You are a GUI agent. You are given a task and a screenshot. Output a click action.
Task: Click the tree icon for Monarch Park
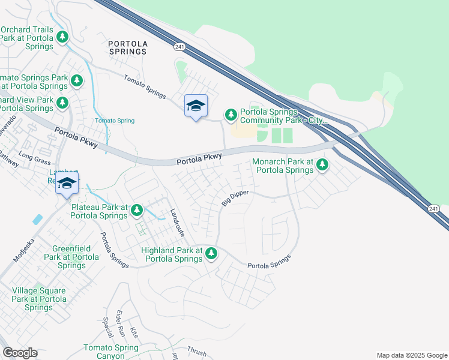click(x=322, y=164)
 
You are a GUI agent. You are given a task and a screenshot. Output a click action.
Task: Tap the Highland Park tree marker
click(x=211, y=253)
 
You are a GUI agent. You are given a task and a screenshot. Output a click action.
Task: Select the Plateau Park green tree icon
click(x=137, y=210)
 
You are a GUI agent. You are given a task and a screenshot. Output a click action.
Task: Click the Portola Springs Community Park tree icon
click(x=231, y=114)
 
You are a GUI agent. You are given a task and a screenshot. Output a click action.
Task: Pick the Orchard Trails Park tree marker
click(x=62, y=37)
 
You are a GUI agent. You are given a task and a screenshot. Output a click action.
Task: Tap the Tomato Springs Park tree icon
click(x=76, y=80)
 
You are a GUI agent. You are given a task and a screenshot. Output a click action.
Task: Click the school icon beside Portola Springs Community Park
click(x=196, y=106)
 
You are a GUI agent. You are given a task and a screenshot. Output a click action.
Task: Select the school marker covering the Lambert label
click(x=67, y=184)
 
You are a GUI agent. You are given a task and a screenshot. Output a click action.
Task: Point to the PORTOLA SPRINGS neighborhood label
click(x=127, y=47)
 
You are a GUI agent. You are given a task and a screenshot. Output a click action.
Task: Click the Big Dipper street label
click(x=235, y=197)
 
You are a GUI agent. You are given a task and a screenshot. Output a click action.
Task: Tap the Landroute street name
click(x=175, y=221)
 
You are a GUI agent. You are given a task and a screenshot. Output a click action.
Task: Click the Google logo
click(x=20, y=353)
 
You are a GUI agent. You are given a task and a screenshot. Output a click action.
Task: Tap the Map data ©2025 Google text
click(x=411, y=355)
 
